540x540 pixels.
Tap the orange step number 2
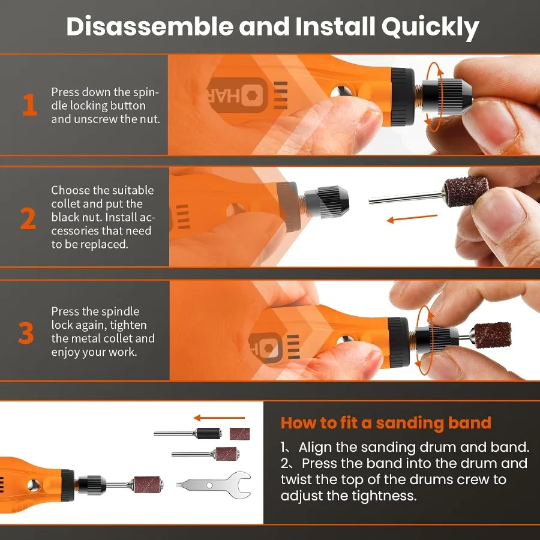pyautogui.click(x=28, y=218)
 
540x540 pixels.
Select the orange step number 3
pyautogui.click(x=26, y=333)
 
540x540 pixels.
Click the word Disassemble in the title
pyautogui.click(x=148, y=27)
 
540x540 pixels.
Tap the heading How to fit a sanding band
pyautogui.click(x=386, y=422)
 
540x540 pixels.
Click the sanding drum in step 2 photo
pyautogui.click(x=458, y=193)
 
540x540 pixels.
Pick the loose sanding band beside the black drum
pyautogui.click(x=238, y=433)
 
